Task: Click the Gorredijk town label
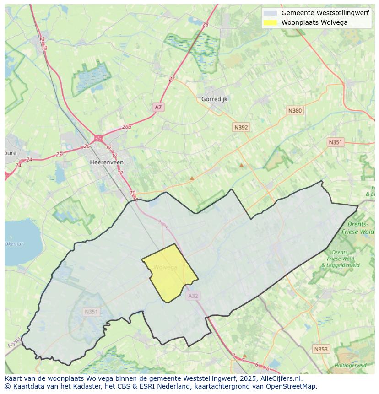click(x=214, y=99)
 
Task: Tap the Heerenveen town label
click(x=107, y=162)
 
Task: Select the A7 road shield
click(x=158, y=107)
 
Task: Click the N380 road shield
click(x=295, y=110)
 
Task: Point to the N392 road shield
click(x=241, y=127)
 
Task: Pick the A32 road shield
click(x=193, y=296)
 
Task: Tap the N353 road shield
click(x=321, y=349)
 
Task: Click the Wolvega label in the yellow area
click(x=165, y=267)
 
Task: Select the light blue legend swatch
click(x=270, y=13)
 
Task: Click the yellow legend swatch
click(x=270, y=22)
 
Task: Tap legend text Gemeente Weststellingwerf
click(x=325, y=13)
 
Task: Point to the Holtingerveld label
click(x=350, y=366)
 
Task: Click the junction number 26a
click(x=127, y=127)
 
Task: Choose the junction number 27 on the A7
click(x=172, y=79)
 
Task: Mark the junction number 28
click(x=205, y=24)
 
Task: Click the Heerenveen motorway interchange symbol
click(x=98, y=138)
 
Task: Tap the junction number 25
click(x=59, y=154)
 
